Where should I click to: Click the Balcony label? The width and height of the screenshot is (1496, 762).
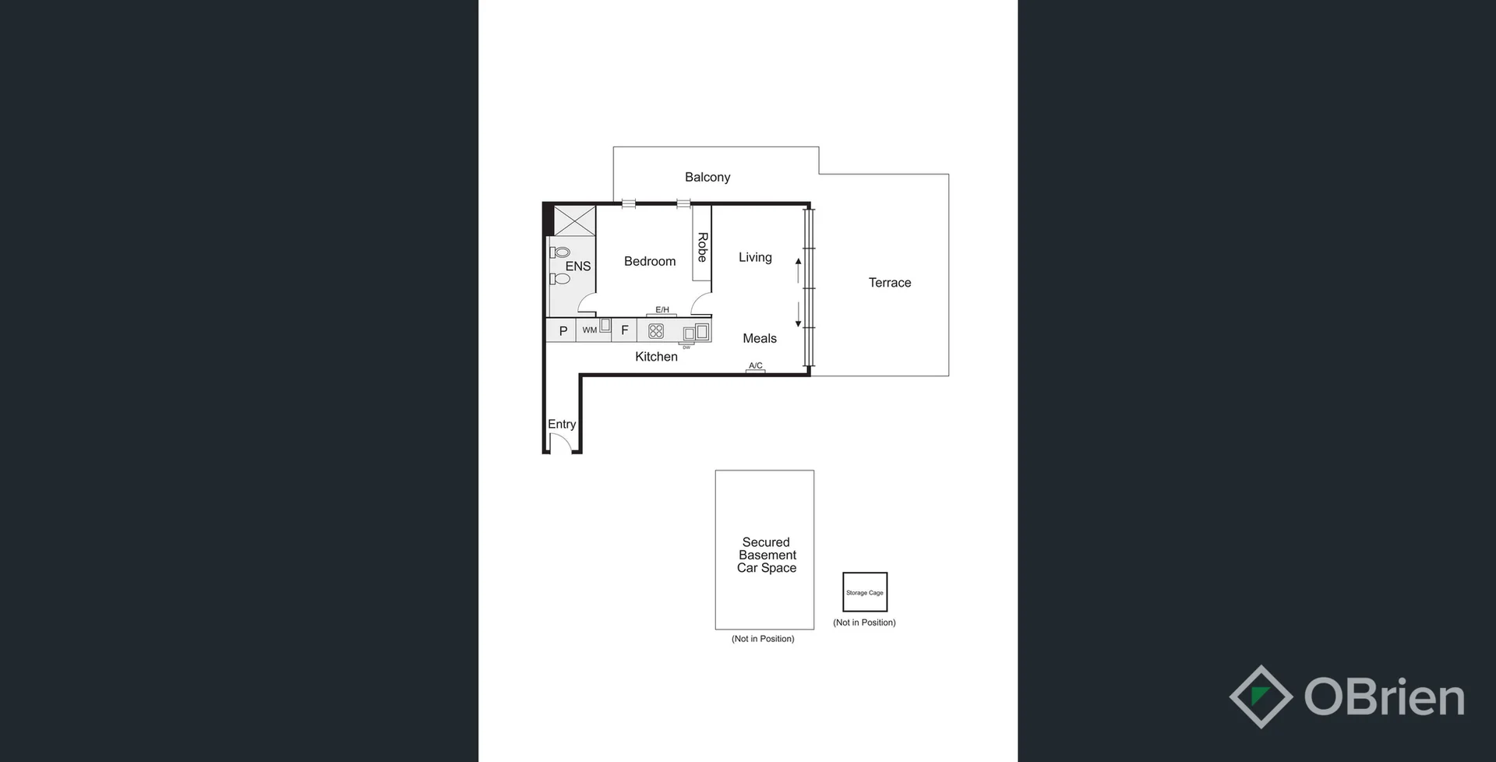coord(707,178)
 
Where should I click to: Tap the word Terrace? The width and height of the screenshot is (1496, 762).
coord(890,283)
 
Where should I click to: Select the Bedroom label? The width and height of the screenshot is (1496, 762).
coord(649,262)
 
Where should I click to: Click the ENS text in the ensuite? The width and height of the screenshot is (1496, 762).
coord(577,266)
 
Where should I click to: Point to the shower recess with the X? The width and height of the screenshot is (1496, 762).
coord(574,220)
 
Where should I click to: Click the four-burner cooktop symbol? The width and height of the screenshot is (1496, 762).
coord(656,331)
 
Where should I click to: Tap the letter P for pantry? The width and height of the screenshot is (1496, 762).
coord(563,331)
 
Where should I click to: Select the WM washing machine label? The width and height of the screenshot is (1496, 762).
coord(590,330)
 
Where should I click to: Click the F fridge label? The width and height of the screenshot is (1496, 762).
coord(624,330)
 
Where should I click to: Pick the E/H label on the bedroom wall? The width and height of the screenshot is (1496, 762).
coord(662,309)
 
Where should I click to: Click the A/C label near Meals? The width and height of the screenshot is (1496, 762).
coord(755,365)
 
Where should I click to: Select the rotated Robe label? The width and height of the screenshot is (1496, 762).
coord(702,247)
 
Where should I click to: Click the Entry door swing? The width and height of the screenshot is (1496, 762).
coord(560,443)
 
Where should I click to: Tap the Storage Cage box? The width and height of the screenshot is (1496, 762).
coord(865,592)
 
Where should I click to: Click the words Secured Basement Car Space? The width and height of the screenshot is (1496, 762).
coord(767,555)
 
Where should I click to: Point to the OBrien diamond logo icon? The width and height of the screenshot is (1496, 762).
coord(1261,697)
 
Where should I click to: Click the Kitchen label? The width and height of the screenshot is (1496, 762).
coord(656,357)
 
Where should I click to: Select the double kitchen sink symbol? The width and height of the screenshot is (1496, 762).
coord(696,333)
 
